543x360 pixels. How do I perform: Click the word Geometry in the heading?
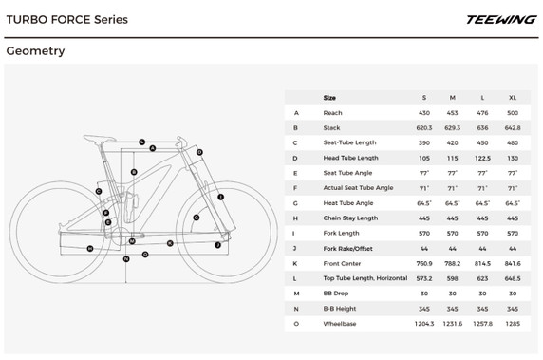click(35, 51)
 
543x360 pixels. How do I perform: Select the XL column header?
click(514, 97)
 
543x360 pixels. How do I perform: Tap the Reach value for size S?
click(424, 112)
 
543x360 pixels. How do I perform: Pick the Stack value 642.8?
click(514, 127)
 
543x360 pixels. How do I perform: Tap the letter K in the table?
click(296, 263)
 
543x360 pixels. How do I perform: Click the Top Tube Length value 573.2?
click(424, 278)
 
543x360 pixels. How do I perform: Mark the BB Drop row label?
click(335, 294)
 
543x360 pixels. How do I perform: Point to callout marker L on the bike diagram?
click(141, 142)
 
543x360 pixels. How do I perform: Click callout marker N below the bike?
click(126, 257)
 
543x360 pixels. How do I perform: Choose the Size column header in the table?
click(329, 97)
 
